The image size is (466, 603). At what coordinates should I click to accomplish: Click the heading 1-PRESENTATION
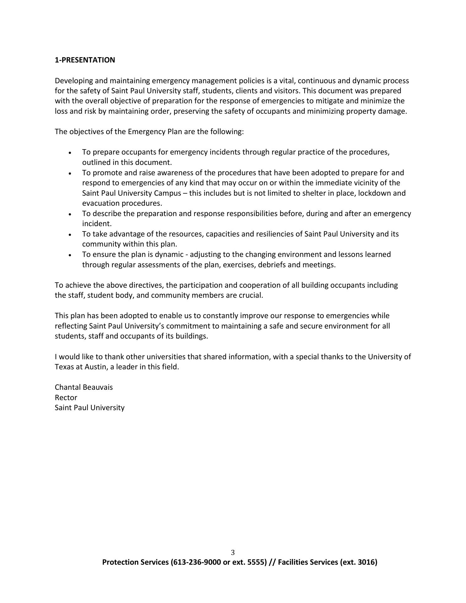click(x=85, y=60)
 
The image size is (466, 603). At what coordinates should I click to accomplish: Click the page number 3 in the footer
click(x=233, y=552)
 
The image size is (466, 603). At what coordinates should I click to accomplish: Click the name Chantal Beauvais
click(x=84, y=387)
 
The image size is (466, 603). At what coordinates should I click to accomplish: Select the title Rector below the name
click(x=66, y=398)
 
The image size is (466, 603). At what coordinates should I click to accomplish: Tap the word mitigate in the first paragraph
click(x=328, y=101)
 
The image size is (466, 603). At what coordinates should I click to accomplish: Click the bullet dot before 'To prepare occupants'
click(x=70, y=153)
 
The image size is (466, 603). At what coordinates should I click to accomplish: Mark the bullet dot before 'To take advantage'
click(x=70, y=235)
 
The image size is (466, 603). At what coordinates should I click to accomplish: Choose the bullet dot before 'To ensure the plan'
click(x=70, y=255)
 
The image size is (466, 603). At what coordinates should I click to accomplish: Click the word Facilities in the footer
click(x=293, y=562)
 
